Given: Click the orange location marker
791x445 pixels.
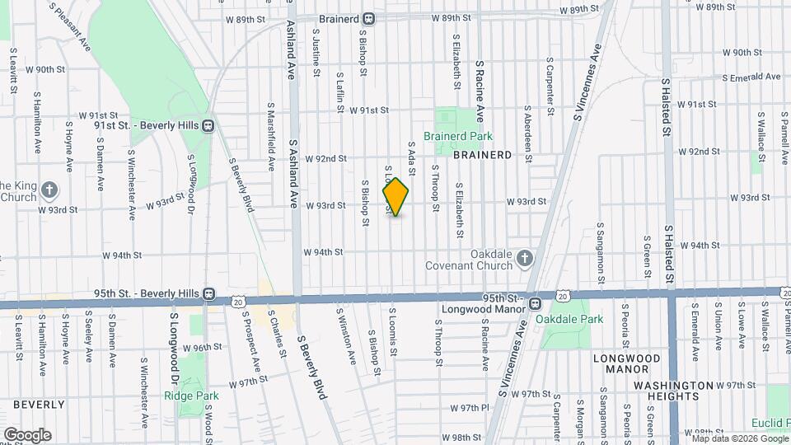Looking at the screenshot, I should tap(396, 197).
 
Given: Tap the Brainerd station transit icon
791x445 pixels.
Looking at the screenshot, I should tap(370, 18).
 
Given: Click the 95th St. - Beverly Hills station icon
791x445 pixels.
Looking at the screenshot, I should tap(209, 293).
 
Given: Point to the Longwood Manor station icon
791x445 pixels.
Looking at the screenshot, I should tap(535, 302).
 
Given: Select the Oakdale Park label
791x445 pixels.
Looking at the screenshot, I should tap(569, 319).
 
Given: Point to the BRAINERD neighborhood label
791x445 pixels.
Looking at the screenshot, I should tap(482, 154).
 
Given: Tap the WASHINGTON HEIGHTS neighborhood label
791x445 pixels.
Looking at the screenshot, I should tap(672, 386).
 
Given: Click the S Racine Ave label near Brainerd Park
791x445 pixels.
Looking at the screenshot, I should tap(479, 89).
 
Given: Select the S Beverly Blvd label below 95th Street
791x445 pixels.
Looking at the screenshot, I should tap(313, 368).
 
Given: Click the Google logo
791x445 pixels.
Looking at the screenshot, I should tap(26, 435).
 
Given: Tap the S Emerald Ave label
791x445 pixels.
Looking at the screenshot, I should tap(751, 77).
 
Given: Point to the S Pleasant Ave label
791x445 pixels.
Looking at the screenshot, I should tap(70, 26).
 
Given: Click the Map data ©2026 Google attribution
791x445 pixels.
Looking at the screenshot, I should tap(738, 439).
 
